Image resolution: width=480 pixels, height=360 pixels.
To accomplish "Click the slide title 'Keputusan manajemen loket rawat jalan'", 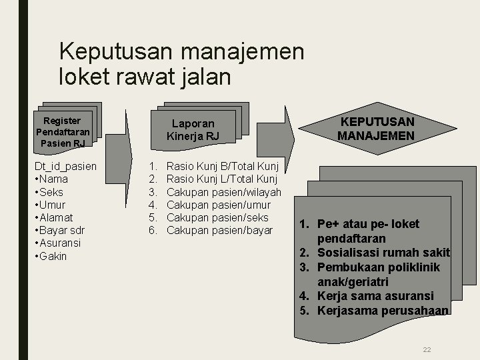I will pos(181,64).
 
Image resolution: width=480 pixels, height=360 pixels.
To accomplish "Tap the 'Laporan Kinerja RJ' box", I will pos(193,130).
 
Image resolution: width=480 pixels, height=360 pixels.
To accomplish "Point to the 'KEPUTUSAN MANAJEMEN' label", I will pos(376,129).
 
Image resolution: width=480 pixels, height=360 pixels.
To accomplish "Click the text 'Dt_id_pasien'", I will pos(65,166).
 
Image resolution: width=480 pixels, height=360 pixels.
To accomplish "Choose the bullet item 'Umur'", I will pos(53,205).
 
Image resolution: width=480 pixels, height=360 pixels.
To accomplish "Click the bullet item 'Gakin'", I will pos(53,256).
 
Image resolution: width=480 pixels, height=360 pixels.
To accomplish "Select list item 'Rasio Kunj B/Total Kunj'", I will pos(221,166).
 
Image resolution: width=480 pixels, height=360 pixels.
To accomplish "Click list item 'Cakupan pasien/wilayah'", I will pos(223,192).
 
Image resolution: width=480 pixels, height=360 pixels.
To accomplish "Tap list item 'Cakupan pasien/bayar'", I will pos(219,231).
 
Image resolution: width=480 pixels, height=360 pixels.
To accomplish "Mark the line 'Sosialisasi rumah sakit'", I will pos(383,253).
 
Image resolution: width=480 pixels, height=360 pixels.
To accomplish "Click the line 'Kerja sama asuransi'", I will pos(375,295).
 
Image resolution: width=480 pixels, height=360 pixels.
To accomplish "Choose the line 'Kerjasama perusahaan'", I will pos(382,310).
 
